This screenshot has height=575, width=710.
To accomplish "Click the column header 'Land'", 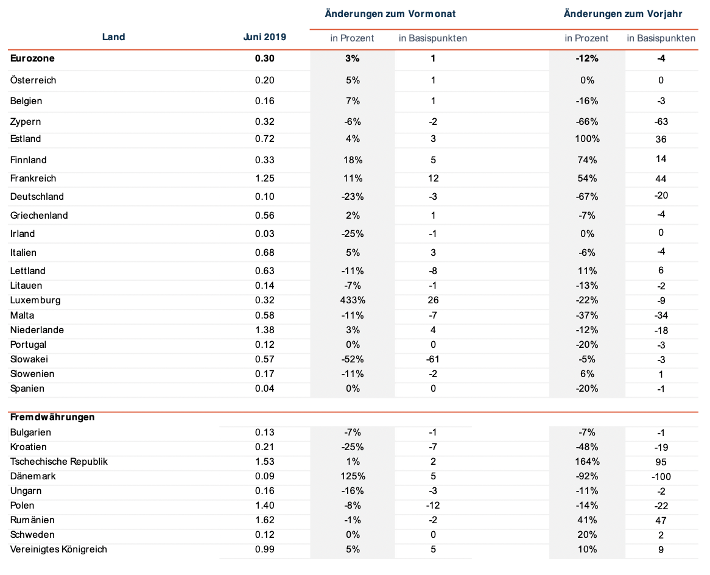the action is click(113, 37).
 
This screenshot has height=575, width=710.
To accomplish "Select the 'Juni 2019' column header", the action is click(264, 37).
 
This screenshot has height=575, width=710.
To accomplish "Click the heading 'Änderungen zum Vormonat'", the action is click(390, 14).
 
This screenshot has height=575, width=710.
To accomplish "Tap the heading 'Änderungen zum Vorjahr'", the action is click(622, 14).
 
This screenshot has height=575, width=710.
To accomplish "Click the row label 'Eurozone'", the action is click(32, 58).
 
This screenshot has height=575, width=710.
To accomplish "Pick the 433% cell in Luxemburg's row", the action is click(353, 300).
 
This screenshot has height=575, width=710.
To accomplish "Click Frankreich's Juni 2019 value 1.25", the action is click(264, 178).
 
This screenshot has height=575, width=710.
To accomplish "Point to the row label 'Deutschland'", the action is click(37, 197).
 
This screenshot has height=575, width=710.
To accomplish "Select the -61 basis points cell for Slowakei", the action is click(433, 359).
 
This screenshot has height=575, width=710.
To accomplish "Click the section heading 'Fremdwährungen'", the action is click(52, 417).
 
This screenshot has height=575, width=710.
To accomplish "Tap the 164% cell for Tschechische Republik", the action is click(587, 462).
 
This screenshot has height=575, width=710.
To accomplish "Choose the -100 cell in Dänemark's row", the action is click(661, 477).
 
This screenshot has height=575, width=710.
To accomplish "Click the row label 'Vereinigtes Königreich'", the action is click(58, 549).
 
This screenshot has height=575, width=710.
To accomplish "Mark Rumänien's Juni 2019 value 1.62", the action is click(264, 520).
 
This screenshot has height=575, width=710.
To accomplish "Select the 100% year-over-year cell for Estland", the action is click(587, 139).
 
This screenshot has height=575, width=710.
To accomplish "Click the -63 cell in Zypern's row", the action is click(661, 122).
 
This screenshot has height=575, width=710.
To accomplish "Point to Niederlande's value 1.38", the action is click(264, 330).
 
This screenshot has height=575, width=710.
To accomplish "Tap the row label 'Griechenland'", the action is click(39, 216).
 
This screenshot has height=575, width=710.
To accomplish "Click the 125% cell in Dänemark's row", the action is click(353, 476).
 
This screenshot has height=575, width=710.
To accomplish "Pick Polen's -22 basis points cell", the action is click(661, 506).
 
